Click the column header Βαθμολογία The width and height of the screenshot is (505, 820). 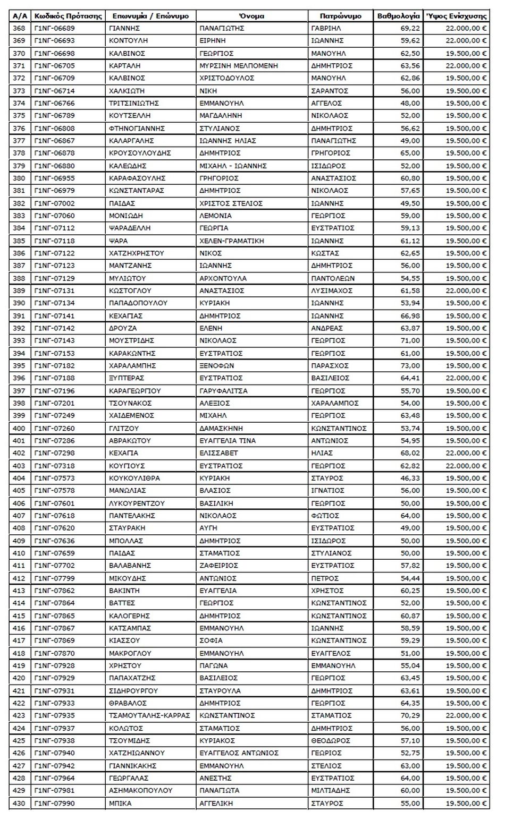398,16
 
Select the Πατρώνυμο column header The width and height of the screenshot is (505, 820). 341,16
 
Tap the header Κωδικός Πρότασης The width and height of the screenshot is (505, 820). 68,16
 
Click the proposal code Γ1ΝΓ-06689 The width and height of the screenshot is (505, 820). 54,28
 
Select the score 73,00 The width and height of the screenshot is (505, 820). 411,366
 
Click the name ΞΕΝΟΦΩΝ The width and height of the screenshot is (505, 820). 216,366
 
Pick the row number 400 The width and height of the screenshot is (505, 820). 19,428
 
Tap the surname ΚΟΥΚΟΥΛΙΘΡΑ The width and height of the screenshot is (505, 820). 134,478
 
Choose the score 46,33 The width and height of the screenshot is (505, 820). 411,478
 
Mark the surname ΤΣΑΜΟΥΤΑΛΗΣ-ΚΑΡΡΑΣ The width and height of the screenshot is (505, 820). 149,715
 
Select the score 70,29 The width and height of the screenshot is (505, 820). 411,715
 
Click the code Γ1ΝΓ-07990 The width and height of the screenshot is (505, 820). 54,803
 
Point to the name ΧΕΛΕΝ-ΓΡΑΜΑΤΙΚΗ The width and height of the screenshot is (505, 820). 231,241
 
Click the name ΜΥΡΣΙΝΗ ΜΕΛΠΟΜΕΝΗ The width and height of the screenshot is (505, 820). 238,66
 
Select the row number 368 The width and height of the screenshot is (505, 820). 19,28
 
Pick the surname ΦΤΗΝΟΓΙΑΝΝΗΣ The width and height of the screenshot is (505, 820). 137,128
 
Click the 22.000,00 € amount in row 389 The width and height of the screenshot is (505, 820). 466,291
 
